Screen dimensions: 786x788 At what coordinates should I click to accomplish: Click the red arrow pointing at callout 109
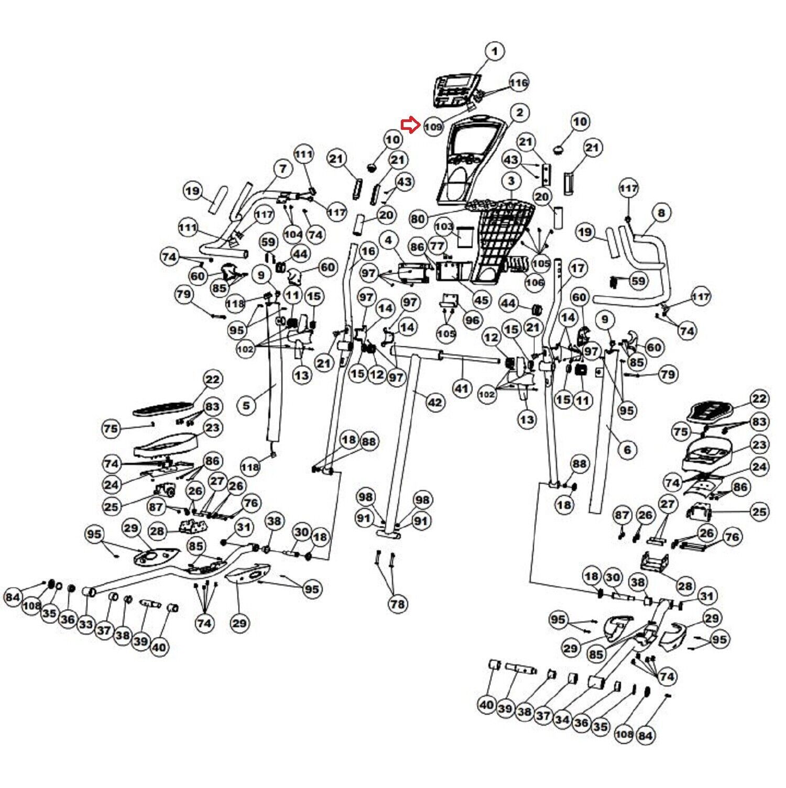pyautogui.click(x=410, y=125)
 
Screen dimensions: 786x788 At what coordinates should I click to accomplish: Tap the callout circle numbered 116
pyautogui.click(x=519, y=83)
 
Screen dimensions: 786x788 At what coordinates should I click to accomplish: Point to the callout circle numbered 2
pyautogui.click(x=519, y=113)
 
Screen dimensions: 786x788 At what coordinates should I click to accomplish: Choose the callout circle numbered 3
pyautogui.click(x=511, y=182)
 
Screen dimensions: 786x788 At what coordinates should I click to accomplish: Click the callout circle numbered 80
pyautogui.click(x=418, y=219)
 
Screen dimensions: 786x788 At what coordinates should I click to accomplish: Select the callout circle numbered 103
pyautogui.click(x=444, y=227)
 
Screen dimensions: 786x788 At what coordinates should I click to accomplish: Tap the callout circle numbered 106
pyautogui.click(x=534, y=283)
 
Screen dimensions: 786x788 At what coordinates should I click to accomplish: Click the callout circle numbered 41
pyautogui.click(x=461, y=389)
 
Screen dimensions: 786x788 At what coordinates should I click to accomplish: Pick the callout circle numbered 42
pyautogui.click(x=435, y=403)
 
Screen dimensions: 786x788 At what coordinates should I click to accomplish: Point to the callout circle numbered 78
pyautogui.click(x=397, y=604)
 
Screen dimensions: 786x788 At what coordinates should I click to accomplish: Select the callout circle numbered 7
pyautogui.click(x=283, y=169)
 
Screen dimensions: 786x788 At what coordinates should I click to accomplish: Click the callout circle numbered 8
pyautogui.click(x=661, y=213)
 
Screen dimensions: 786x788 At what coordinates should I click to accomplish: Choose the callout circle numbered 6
pyautogui.click(x=627, y=449)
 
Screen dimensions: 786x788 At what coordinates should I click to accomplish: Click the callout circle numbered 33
pyautogui.click(x=86, y=625)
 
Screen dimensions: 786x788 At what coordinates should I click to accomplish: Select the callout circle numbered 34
pyautogui.click(x=562, y=720)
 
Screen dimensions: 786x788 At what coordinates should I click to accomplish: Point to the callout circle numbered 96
pyautogui.click(x=472, y=320)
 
